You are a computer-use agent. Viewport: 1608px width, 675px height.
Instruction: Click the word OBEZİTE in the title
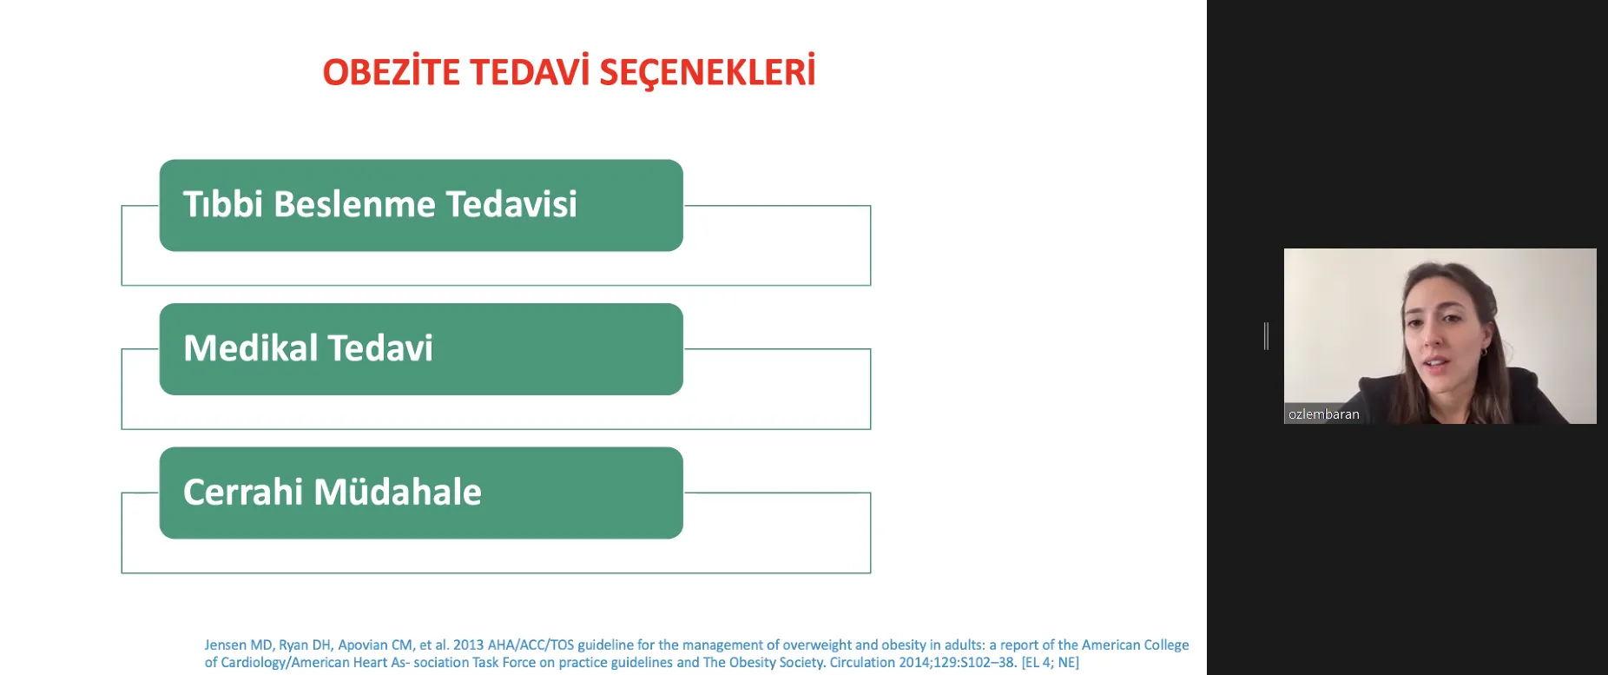tap(392, 71)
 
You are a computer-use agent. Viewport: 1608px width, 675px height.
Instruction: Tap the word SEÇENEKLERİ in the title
tap(708, 71)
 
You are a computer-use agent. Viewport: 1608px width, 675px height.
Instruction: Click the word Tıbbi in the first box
tap(223, 204)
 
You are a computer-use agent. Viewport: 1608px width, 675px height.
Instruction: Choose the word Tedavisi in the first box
tap(511, 204)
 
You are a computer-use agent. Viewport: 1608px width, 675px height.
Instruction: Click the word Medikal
tap(251, 348)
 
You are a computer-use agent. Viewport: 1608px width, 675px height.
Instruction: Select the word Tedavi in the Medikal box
tap(380, 348)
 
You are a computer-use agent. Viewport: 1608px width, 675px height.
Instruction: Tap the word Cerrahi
tap(243, 492)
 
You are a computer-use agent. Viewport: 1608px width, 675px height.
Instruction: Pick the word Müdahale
tap(398, 492)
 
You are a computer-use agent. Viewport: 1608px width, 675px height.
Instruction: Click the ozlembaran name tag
tap(1323, 414)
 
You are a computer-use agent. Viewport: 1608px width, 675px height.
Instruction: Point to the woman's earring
tap(1484, 353)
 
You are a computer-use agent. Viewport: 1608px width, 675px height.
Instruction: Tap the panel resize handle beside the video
tap(1266, 336)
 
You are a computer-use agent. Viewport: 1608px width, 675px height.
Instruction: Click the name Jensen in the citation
tap(226, 645)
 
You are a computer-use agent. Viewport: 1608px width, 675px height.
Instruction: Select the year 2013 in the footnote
tap(468, 645)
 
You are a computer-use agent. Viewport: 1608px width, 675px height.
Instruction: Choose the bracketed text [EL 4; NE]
tap(1051, 662)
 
